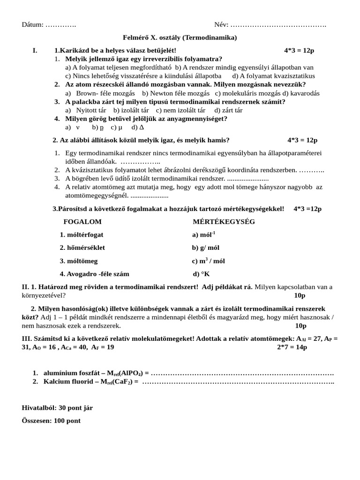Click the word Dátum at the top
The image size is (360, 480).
coord(32,24)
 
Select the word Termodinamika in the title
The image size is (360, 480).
coord(210,37)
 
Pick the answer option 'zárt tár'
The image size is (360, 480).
coord(232,110)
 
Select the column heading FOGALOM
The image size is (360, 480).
coord(82,221)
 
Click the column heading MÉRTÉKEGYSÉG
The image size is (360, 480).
coord(224,221)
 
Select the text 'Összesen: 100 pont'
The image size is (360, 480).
coord(51,420)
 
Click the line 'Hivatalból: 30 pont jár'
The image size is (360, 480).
coord(57,407)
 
